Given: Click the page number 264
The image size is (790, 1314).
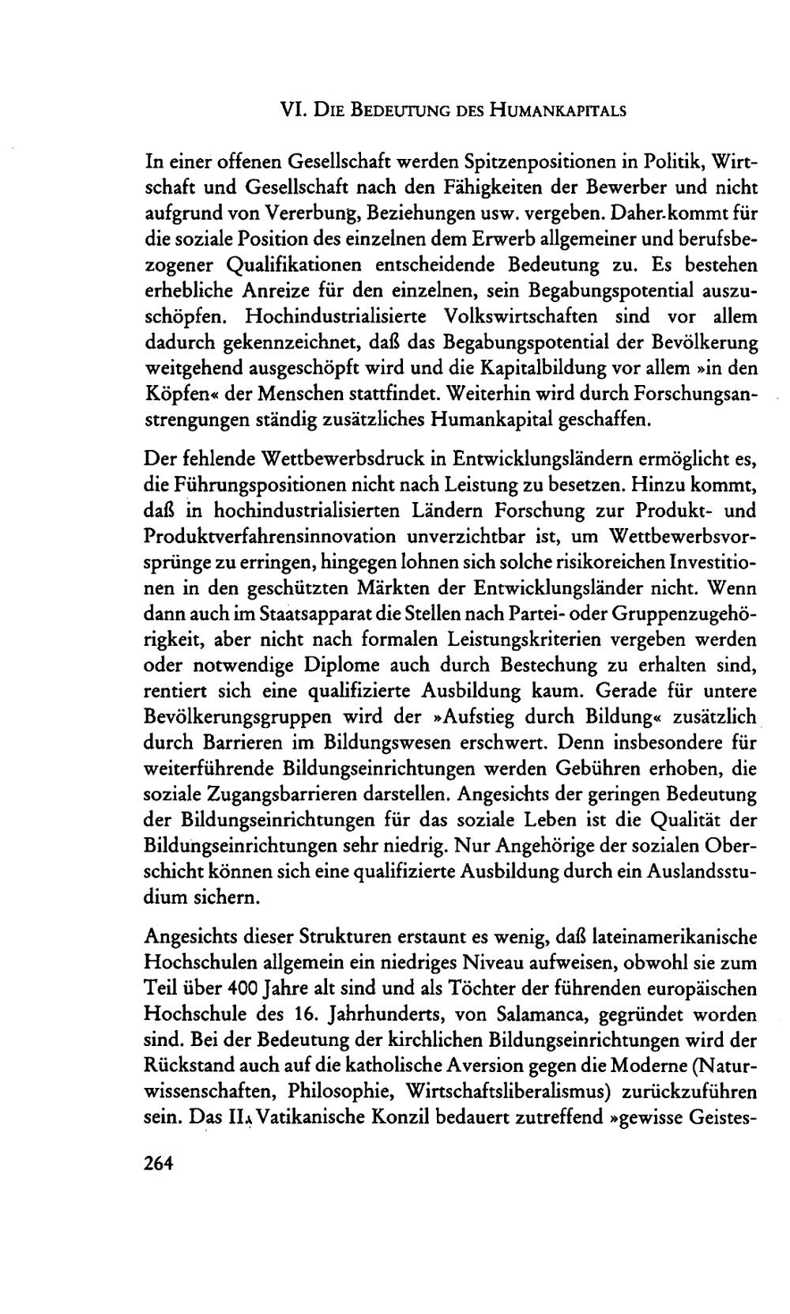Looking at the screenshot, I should click(159, 1163).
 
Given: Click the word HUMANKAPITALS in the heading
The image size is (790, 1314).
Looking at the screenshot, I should click(558, 111).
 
